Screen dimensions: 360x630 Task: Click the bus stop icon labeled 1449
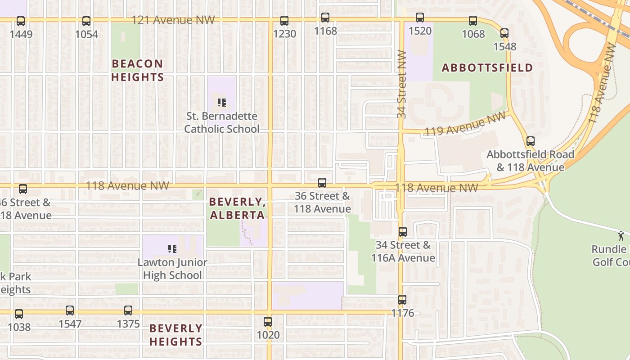(x=21, y=21)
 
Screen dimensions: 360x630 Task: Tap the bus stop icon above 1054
(x=86, y=21)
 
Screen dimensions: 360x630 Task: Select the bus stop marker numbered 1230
(x=284, y=20)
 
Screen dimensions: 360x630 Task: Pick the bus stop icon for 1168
(x=325, y=18)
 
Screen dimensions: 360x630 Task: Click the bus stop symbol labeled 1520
(x=420, y=18)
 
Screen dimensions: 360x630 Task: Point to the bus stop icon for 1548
(x=504, y=33)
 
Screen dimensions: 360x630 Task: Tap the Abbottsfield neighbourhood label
(x=487, y=68)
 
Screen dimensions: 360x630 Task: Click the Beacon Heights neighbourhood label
(x=137, y=70)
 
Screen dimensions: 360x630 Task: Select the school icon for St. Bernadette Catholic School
(x=222, y=103)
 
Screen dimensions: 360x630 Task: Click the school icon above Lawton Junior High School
(x=172, y=248)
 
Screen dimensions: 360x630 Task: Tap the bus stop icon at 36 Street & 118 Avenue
(x=322, y=182)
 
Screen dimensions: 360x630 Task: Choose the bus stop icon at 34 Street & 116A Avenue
(x=403, y=232)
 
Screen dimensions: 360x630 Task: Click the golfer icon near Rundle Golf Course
(x=621, y=235)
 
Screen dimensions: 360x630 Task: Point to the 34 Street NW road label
(x=402, y=84)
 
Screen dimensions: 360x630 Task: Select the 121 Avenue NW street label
(x=173, y=20)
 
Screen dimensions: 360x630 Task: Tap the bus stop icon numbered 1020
(x=268, y=322)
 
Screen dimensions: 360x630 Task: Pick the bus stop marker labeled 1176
(x=402, y=299)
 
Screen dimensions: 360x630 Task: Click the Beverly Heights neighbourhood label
(x=175, y=335)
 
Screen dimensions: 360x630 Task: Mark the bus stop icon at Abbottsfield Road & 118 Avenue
(x=531, y=141)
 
